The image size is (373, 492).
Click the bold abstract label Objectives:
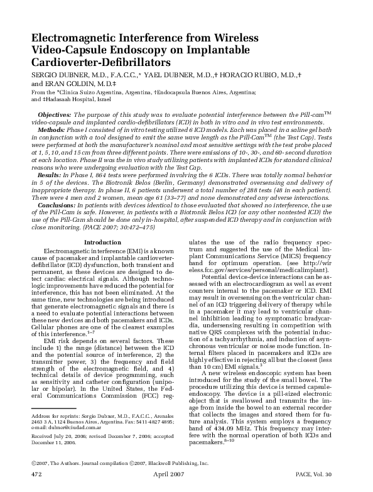click(x=55, y=116)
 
